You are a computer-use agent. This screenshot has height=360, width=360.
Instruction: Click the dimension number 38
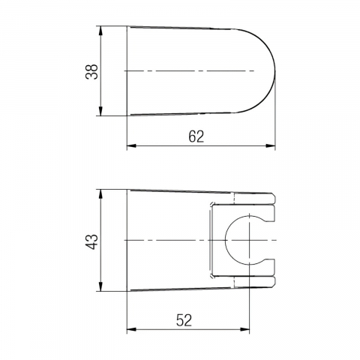[x=91, y=72]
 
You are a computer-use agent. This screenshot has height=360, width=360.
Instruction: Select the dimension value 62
[x=196, y=136]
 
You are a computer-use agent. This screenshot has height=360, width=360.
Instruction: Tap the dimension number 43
[x=91, y=241]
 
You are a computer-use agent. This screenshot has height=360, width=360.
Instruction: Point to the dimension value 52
[x=184, y=320]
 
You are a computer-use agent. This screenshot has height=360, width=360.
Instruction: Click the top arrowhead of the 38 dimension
[x=100, y=31]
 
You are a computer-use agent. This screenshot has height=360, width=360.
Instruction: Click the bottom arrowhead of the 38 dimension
[x=100, y=111]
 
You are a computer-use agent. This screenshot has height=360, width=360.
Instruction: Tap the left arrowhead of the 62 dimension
[x=132, y=145]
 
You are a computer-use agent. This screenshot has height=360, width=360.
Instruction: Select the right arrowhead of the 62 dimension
[x=271, y=145]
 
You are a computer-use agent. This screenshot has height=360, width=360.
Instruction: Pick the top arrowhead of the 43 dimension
[x=100, y=194]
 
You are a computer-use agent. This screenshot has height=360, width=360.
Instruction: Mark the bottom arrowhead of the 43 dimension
[x=100, y=286]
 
